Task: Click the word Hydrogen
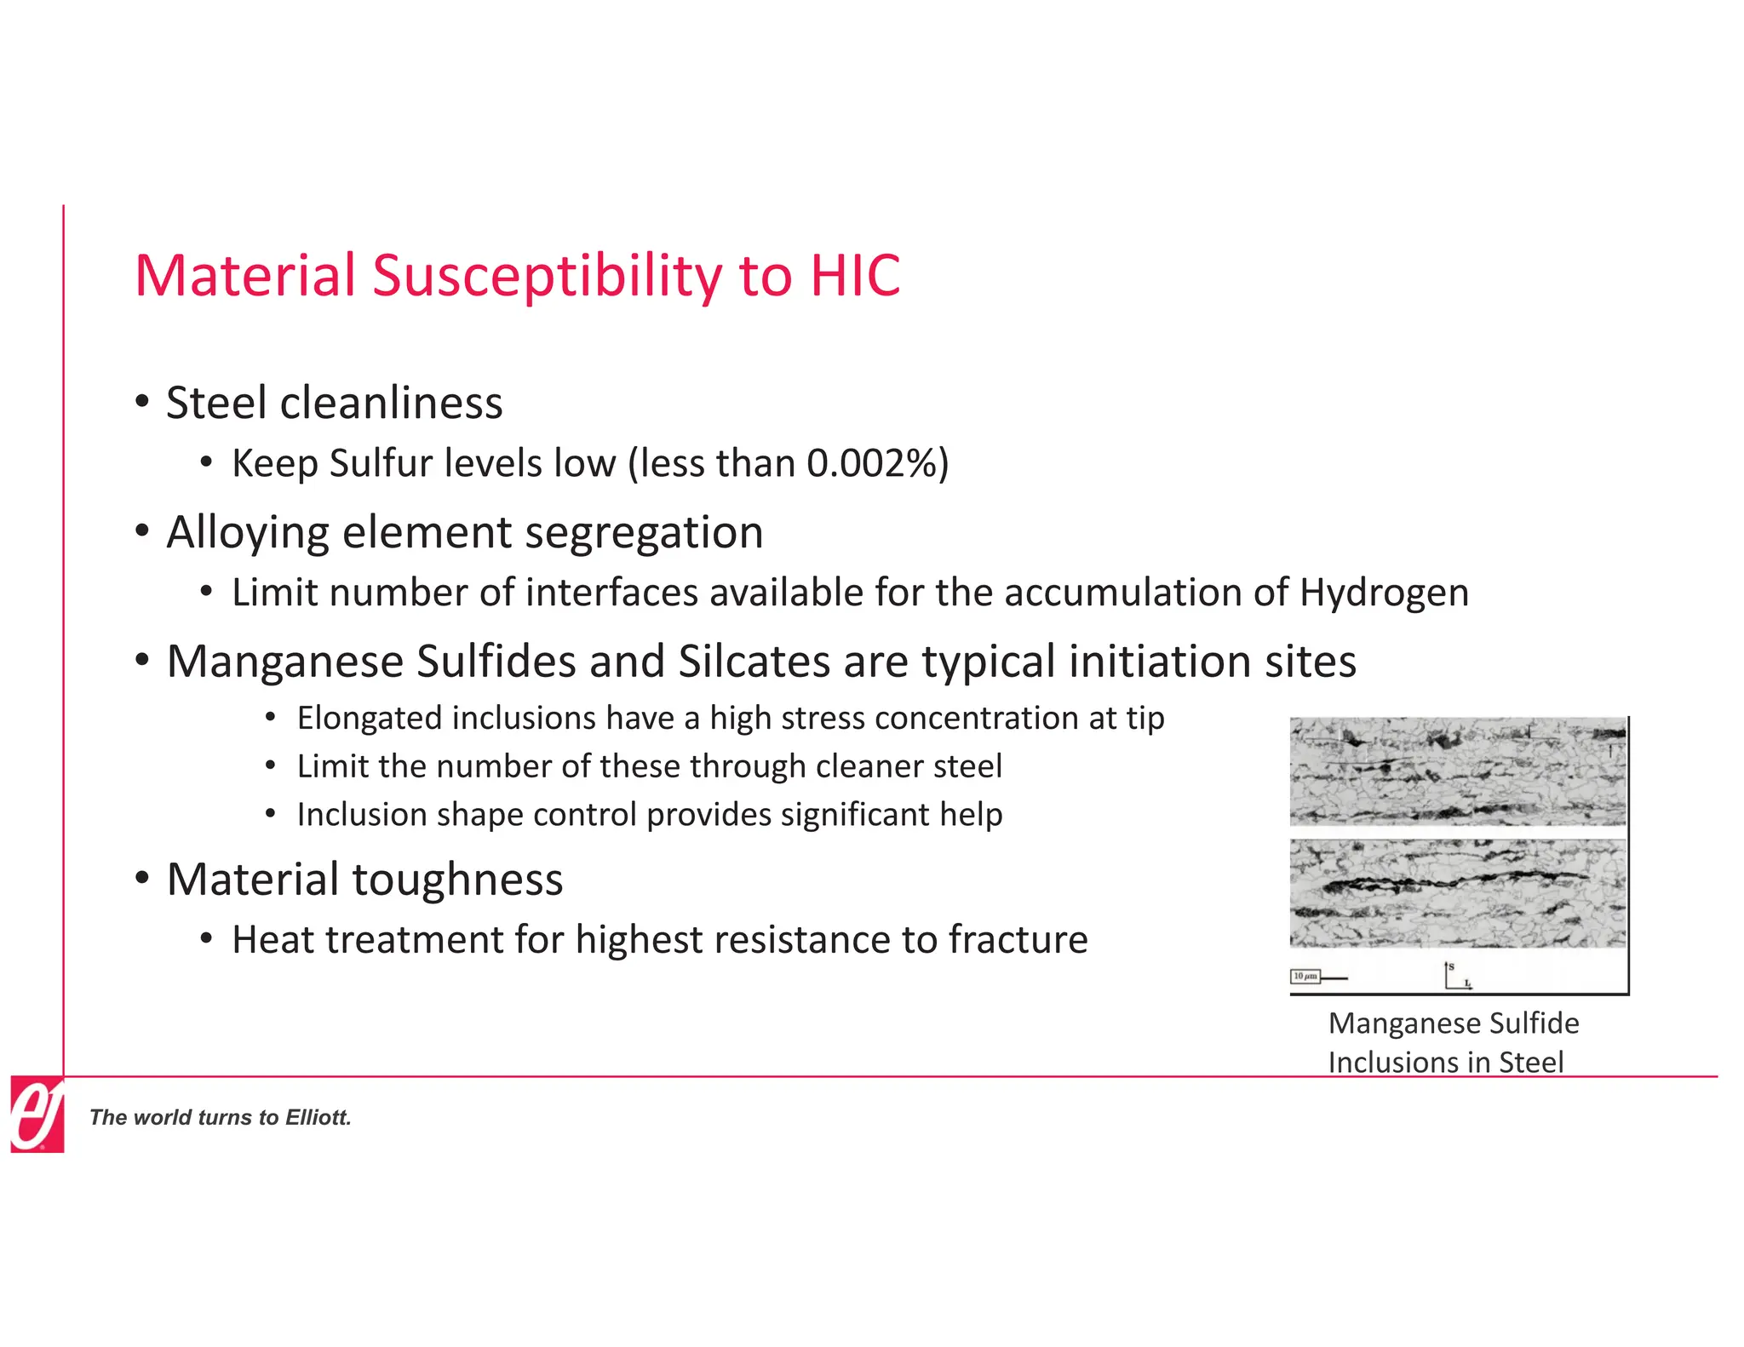pos(1384,593)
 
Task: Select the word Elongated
pos(369,718)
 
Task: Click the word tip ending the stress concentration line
pos(1145,718)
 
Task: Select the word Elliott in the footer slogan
pos(317,1118)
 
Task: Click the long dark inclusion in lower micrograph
pos(1448,881)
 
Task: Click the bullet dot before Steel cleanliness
pos(142,401)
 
